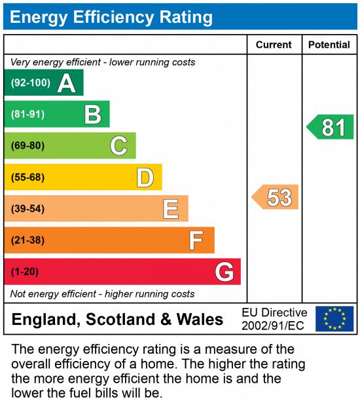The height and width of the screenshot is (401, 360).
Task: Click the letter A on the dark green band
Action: [x=66, y=83]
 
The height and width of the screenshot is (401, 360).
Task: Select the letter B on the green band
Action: [x=93, y=115]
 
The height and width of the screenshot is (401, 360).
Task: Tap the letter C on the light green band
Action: [x=118, y=145]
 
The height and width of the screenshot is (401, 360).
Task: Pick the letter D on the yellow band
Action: [x=145, y=178]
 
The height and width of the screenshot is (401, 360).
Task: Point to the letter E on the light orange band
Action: [x=171, y=209]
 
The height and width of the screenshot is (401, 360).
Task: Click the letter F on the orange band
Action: [x=196, y=240]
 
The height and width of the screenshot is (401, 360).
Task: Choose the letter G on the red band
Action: [x=225, y=271]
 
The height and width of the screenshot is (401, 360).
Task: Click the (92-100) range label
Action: [x=31, y=83]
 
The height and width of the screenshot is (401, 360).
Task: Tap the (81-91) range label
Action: [x=27, y=115]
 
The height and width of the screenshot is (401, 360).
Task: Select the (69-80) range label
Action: [x=27, y=145]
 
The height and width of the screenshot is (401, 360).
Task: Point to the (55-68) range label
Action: [x=27, y=178]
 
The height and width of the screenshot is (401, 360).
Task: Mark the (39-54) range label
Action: [x=27, y=209]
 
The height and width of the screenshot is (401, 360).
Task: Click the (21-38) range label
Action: [x=27, y=240]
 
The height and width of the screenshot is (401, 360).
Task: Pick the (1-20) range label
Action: [x=25, y=271]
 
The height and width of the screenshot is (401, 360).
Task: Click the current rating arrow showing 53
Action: [x=276, y=197]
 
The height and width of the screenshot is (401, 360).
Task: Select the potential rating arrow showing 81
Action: [x=331, y=127]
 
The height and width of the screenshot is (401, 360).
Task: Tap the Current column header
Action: [x=274, y=45]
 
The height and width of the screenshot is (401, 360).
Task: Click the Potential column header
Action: [x=329, y=45]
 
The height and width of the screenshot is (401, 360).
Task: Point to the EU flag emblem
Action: [x=334, y=319]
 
